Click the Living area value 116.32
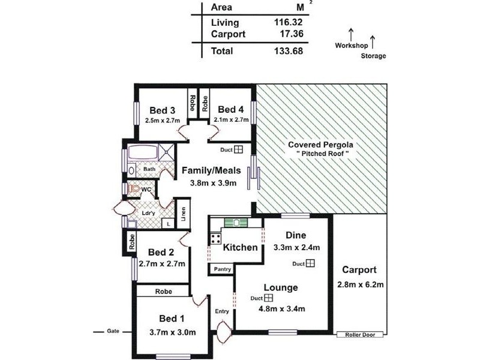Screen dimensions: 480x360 pos(288,22)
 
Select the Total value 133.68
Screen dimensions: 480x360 pos(289,51)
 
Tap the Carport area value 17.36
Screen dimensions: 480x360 pos(292,34)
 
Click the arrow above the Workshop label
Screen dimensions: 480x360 pos(351,35)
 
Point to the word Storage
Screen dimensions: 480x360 pos(373,56)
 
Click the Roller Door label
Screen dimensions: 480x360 pos(360,335)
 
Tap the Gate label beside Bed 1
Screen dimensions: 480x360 pos(113,331)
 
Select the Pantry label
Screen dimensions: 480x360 pos(223,269)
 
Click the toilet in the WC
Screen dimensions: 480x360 pos(133,188)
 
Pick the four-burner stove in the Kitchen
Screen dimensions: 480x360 pos(215,238)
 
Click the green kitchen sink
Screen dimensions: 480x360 pos(236,223)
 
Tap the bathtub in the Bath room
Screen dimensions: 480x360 pos(142,152)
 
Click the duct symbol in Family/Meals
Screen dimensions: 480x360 pos(238,149)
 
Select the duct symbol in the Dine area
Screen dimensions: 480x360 pos(310,263)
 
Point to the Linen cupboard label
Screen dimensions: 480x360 pos(184,214)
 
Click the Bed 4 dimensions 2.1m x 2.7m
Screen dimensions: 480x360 pos(231,119)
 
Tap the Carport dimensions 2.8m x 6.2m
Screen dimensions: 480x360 pos(361,284)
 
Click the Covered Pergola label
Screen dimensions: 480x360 pos(320,145)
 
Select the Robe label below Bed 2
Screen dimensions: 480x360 pos(163,292)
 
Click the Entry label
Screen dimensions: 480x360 pos(222,311)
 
